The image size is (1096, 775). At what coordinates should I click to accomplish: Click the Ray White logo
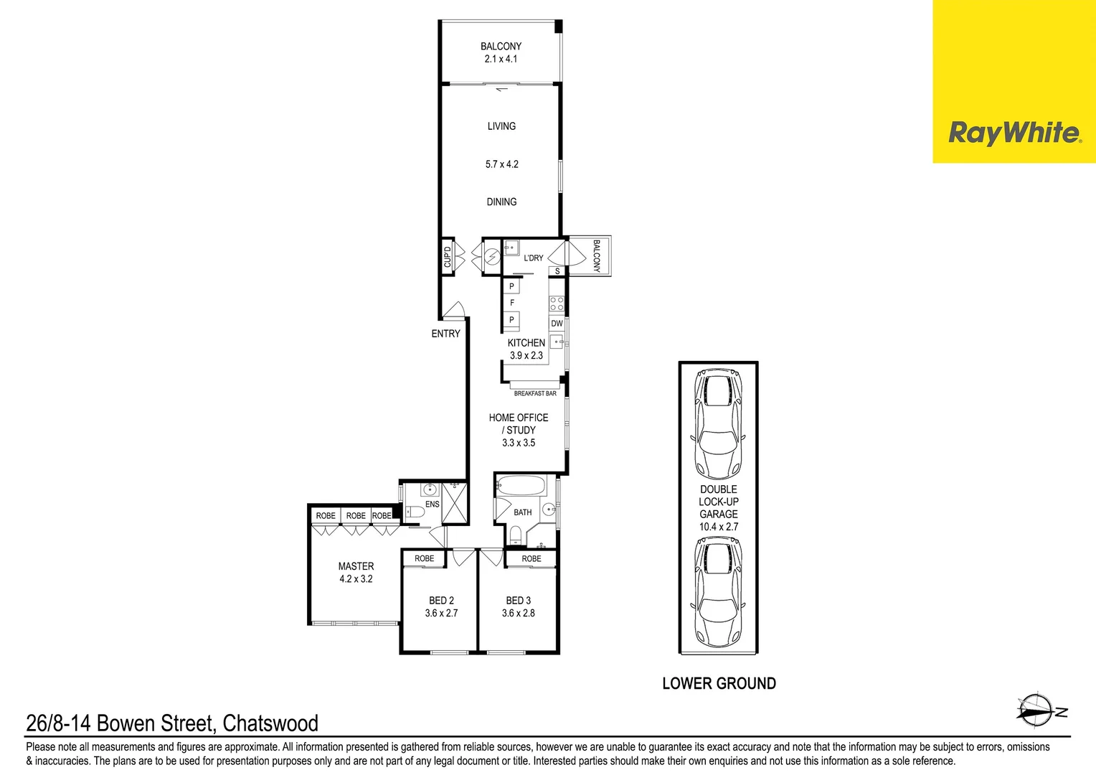tap(1014, 133)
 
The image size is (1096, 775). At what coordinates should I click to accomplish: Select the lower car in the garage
tap(718, 592)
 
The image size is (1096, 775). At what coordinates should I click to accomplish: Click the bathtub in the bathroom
tap(521, 486)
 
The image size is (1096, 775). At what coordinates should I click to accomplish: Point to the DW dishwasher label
tap(557, 324)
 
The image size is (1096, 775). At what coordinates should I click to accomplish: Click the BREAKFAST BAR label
tap(535, 393)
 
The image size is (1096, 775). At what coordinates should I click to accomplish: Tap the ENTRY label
tap(445, 334)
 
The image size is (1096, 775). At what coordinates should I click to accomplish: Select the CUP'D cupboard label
tap(448, 256)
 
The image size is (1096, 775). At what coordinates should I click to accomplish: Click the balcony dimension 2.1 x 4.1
tap(501, 59)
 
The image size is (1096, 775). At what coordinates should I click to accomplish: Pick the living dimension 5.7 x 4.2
tap(501, 164)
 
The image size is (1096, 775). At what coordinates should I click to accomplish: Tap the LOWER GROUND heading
tap(719, 684)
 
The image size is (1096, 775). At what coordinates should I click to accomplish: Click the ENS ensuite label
tap(432, 504)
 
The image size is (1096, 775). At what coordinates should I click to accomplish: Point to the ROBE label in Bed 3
tap(532, 559)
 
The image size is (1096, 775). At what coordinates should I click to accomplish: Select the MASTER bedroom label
tap(356, 566)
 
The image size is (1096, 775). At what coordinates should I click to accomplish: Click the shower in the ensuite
tap(454, 502)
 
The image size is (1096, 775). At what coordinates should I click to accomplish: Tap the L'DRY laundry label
tap(533, 258)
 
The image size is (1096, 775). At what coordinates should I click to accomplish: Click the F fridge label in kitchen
tap(511, 303)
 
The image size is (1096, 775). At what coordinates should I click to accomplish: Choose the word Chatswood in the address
tap(270, 723)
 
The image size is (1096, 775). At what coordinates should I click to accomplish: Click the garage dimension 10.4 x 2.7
tap(718, 527)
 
